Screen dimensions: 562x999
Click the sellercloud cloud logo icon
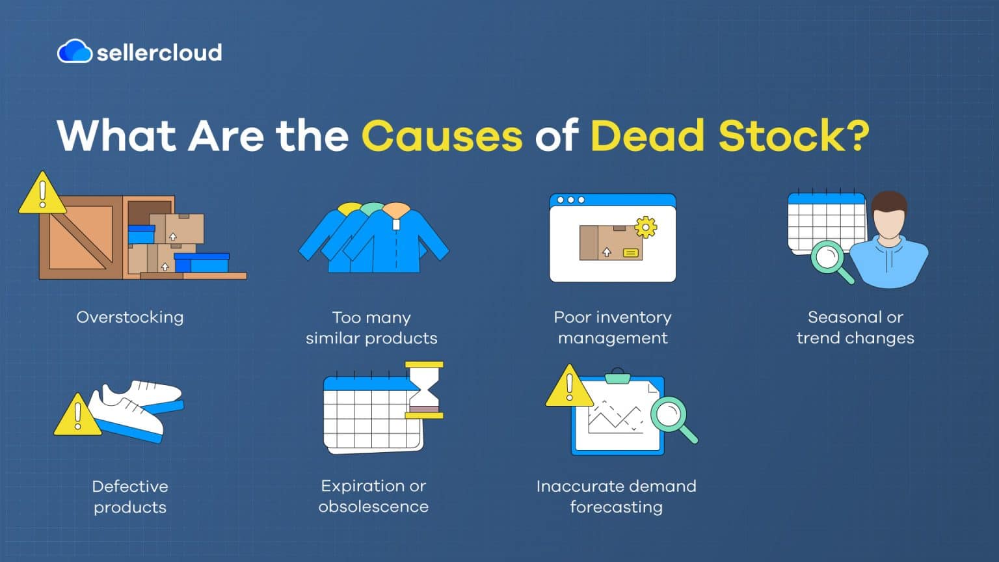coord(74,51)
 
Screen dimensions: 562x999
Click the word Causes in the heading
coord(442,136)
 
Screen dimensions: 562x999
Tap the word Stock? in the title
coord(793,136)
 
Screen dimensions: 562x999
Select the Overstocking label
coord(130,317)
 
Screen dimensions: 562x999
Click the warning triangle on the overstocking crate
coord(42,194)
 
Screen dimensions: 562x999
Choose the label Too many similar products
coord(371,328)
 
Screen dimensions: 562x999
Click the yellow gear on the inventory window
coord(645,227)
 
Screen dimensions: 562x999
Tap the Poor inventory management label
coord(613,328)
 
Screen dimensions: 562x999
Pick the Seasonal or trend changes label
coord(855,328)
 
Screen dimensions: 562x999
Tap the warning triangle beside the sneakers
coord(77,416)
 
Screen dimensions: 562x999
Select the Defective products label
coord(130,496)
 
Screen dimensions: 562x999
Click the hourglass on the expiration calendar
coord(424,390)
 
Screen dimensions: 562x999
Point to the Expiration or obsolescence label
coord(373,496)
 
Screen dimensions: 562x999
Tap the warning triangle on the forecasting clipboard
coord(569,388)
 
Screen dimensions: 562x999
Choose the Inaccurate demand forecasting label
coord(616,496)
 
